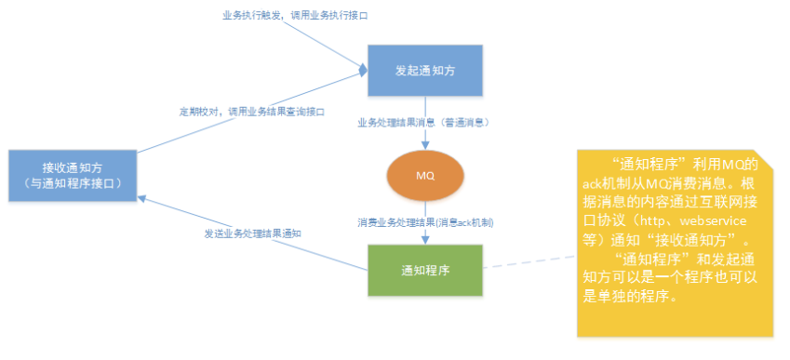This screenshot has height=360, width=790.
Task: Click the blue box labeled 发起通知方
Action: coord(424,70)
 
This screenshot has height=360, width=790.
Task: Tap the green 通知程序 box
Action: coord(424,271)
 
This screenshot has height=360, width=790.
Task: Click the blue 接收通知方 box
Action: coord(74,175)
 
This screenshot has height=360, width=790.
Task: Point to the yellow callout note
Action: coord(675,242)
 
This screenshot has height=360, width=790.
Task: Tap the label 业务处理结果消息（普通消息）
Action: coord(424,122)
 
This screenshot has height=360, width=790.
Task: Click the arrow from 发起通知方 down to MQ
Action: coord(424,135)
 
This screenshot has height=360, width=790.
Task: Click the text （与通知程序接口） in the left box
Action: coord(74,184)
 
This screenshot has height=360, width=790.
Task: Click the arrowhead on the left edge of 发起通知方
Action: coord(363,71)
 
